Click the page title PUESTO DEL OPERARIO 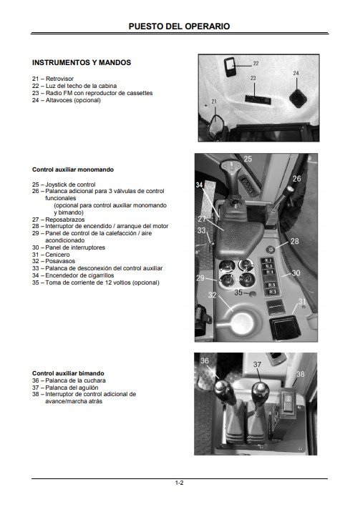pos(179,26)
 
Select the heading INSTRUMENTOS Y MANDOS pos(82,62)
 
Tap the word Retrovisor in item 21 pos(59,79)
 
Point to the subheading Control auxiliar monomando pos(73,169)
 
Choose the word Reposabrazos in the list pos(64,220)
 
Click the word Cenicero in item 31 pos(57,255)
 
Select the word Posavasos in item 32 pos(60,261)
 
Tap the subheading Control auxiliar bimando pos(68,373)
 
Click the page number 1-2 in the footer pos(179,483)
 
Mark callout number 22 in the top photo pos(256,64)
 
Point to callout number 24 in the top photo pos(296,73)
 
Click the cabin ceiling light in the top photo pos(230,67)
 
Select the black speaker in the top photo pos(298,99)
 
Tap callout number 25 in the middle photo pos(248,159)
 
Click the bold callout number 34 pos(199,184)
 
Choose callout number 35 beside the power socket pos(238,292)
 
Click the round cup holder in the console pos(242,323)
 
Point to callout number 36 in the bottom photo pos(205,360)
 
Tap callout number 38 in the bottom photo pos(300,374)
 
